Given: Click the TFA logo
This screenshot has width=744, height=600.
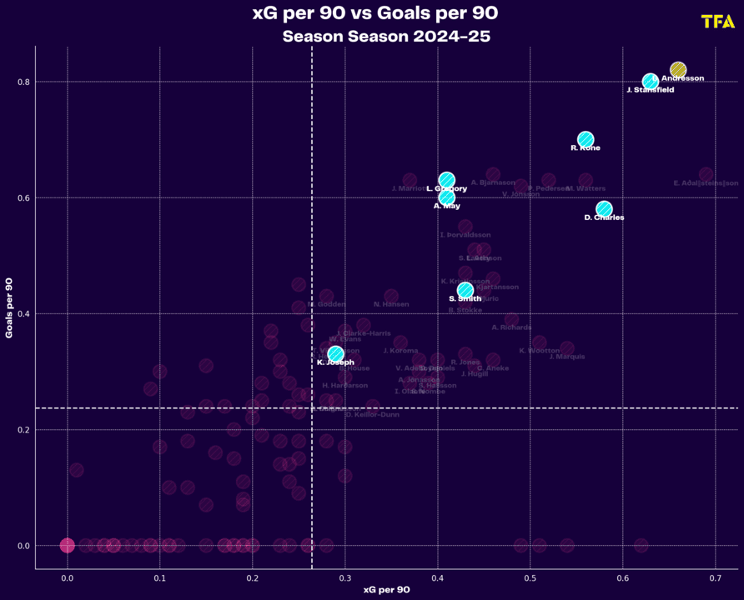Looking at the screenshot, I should (717, 22).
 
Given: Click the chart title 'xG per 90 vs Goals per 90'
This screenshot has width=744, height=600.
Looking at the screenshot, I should (375, 13).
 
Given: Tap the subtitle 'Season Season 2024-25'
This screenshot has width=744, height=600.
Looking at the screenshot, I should (385, 37).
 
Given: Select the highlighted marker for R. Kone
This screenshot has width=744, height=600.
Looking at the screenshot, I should (586, 140).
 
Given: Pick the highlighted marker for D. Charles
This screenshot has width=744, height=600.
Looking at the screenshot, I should (604, 209).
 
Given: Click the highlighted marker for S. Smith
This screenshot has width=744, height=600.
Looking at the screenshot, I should (465, 290).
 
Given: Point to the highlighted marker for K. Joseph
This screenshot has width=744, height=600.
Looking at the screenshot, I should (335, 354).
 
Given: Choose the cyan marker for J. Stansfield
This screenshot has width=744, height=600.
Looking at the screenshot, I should (651, 82).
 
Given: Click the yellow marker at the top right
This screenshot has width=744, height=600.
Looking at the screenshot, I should (678, 70).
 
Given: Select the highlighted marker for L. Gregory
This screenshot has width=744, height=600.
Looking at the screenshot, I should (447, 180).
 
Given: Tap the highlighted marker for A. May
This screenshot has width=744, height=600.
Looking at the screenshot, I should (447, 197).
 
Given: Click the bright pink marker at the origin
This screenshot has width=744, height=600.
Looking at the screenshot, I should (67, 546).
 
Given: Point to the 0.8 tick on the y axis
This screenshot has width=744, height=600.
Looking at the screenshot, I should (23, 82).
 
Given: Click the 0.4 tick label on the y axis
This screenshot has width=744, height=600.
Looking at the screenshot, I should (23, 314).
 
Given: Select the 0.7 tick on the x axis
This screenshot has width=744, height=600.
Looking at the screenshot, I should (715, 577).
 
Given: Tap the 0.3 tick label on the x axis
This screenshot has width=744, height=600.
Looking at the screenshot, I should (344, 577).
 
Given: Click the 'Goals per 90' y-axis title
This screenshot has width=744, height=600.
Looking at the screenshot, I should (9, 307).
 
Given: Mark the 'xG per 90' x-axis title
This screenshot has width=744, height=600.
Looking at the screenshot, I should (386, 590).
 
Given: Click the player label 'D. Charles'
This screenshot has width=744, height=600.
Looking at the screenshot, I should (604, 218).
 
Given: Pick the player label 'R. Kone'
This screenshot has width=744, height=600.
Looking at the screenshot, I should (586, 148).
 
